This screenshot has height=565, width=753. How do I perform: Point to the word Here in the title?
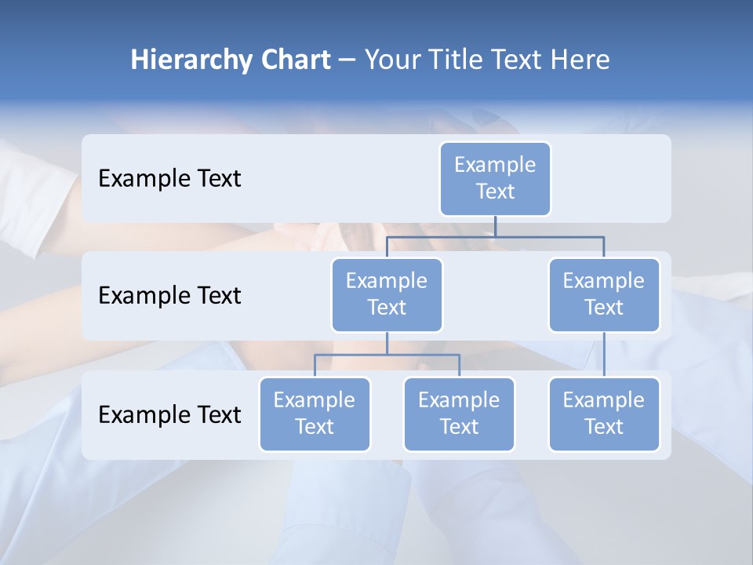pos(580,60)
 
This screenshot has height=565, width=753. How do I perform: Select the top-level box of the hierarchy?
pos(495,178)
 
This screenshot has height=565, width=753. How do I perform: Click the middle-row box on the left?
pos(387,294)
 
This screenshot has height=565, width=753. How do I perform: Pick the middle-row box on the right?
pos(604,294)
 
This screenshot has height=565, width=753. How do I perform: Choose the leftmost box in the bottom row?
pos(315,414)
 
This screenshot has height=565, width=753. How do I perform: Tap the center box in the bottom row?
pos(459,414)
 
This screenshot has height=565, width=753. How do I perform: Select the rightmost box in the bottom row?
pos(604,414)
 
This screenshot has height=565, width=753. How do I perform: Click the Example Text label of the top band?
pos(169,179)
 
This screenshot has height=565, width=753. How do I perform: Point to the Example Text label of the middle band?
pos(169,296)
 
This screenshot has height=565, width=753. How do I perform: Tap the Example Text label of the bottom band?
pos(169,414)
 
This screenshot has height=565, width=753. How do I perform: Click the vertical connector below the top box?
pos(495,226)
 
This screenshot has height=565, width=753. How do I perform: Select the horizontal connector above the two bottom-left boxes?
pos(387,355)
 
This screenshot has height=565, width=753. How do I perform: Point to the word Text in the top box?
pos(495,191)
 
